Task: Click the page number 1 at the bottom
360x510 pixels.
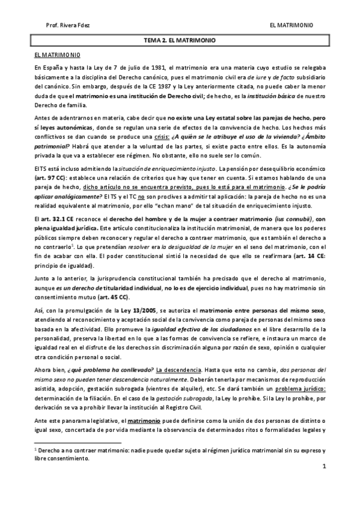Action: (x=323, y=467)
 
